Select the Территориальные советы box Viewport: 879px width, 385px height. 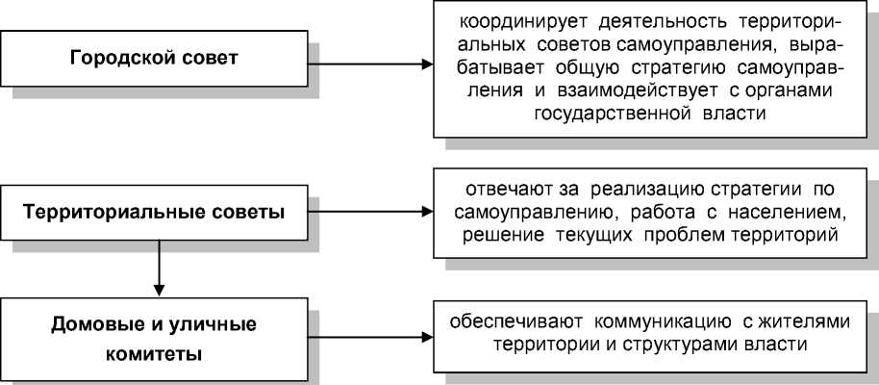point(154,212)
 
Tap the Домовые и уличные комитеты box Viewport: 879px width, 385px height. point(154,336)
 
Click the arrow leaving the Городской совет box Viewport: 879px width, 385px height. point(370,65)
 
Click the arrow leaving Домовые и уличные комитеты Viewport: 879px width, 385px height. point(370,337)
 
